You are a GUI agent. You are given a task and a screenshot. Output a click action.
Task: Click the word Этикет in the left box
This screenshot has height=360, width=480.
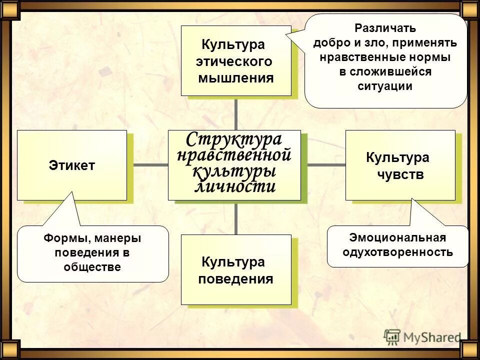[x=72, y=166]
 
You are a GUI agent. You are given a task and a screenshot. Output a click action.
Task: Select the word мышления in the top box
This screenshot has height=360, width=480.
[x=236, y=78]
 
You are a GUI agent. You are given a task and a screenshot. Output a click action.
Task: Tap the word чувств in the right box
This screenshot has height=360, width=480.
[x=400, y=175]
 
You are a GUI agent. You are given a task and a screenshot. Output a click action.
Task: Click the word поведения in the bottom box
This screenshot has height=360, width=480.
[x=235, y=279]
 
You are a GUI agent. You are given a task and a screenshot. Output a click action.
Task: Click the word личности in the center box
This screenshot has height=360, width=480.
[x=234, y=186]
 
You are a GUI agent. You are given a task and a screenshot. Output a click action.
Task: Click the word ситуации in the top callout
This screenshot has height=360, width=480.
[x=385, y=86]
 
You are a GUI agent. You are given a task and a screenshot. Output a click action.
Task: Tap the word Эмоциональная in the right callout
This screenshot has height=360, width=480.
[x=397, y=237]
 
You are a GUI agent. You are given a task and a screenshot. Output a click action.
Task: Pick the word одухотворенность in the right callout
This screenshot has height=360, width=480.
[x=397, y=252]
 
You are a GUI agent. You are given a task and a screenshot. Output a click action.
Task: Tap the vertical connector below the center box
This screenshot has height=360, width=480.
[x=236, y=217]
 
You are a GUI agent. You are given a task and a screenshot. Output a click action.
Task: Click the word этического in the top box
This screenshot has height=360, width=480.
[x=234, y=61]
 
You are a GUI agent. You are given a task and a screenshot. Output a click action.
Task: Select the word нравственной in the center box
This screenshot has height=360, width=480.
[x=234, y=155]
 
